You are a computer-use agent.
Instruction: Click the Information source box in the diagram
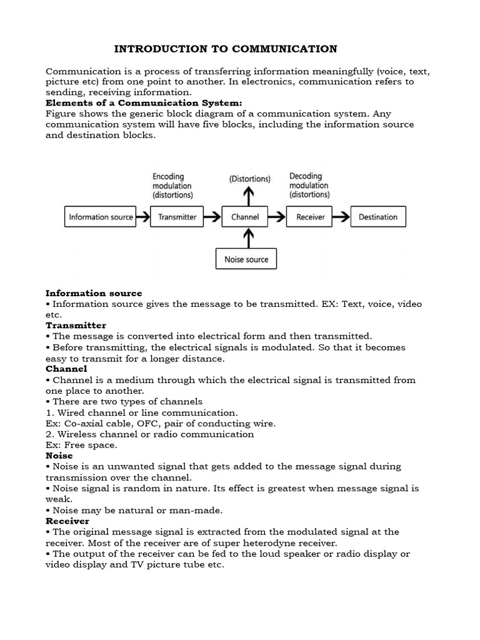click(x=101, y=217)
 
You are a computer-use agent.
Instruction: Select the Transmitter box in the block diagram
click(x=177, y=217)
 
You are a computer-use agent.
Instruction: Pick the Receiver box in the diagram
click(x=310, y=217)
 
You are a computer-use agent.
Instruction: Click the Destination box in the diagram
click(x=377, y=217)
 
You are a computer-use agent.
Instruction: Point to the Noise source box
click(x=246, y=259)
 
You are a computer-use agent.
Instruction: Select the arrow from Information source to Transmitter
click(x=142, y=217)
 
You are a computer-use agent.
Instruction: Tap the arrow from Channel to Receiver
click(x=277, y=217)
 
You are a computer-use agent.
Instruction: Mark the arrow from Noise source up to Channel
click(x=249, y=239)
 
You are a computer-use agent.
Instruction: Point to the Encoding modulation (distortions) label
click(x=172, y=186)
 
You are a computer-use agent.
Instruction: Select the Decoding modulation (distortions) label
click(x=309, y=186)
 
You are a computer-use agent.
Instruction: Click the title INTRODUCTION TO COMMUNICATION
click(x=225, y=49)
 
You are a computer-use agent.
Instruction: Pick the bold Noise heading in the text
click(x=59, y=456)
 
